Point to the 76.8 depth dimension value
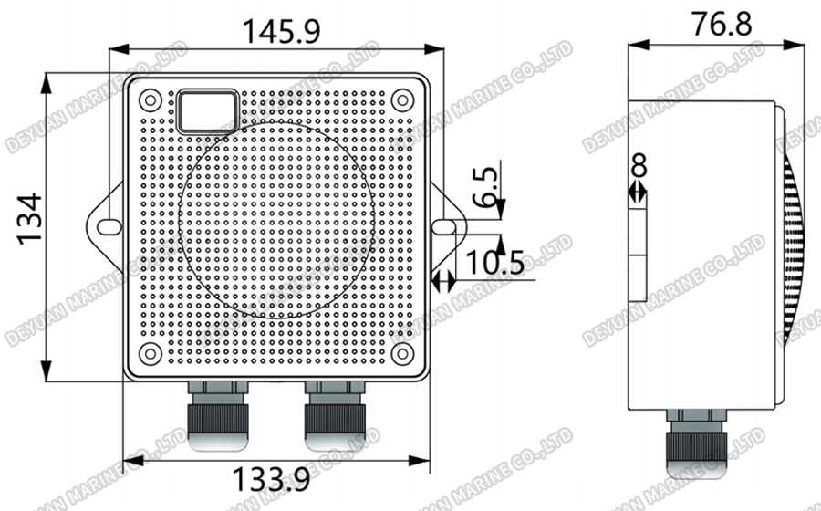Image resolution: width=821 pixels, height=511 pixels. point(721,24)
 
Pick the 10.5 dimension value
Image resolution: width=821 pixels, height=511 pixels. point(494,263)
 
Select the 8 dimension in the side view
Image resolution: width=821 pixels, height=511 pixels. point(639,165)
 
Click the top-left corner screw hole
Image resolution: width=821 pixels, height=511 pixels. point(151,99)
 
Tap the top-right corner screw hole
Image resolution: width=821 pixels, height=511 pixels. point(402,99)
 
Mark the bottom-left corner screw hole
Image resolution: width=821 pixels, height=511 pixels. point(151,353)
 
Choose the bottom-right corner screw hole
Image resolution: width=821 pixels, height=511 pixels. point(402,353)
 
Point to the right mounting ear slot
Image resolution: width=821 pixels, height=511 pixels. point(444,225)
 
